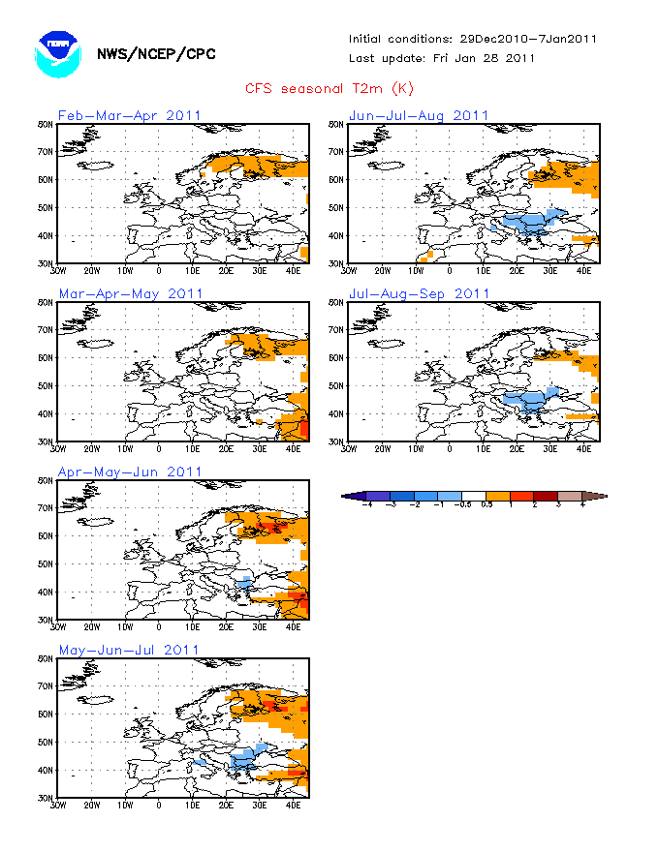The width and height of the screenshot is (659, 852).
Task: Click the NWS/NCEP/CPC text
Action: coord(156,54)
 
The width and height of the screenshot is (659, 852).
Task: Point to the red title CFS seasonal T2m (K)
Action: coord(329,89)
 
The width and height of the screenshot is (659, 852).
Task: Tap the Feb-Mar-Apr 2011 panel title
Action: coord(130,115)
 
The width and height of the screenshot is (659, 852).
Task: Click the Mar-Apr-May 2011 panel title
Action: coord(131,293)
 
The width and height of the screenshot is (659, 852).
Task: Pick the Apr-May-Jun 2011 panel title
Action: coord(130,472)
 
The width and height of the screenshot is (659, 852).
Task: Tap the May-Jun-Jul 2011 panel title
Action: coord(129,650)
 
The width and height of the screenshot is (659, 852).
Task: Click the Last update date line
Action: coord(442,57)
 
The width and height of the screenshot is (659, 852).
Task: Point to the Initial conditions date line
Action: coord(473,39)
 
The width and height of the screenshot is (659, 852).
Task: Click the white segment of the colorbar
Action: coord(473,497)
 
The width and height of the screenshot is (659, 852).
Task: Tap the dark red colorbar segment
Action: coord(546,497)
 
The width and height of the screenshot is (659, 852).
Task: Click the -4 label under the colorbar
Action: coord(365,505)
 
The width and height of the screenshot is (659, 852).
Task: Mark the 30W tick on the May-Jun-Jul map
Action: coord(58,805)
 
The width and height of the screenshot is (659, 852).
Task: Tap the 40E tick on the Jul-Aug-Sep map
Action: coord(584,448)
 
